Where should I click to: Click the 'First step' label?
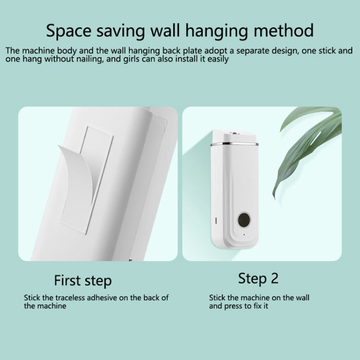83,280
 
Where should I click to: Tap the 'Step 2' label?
258,278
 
